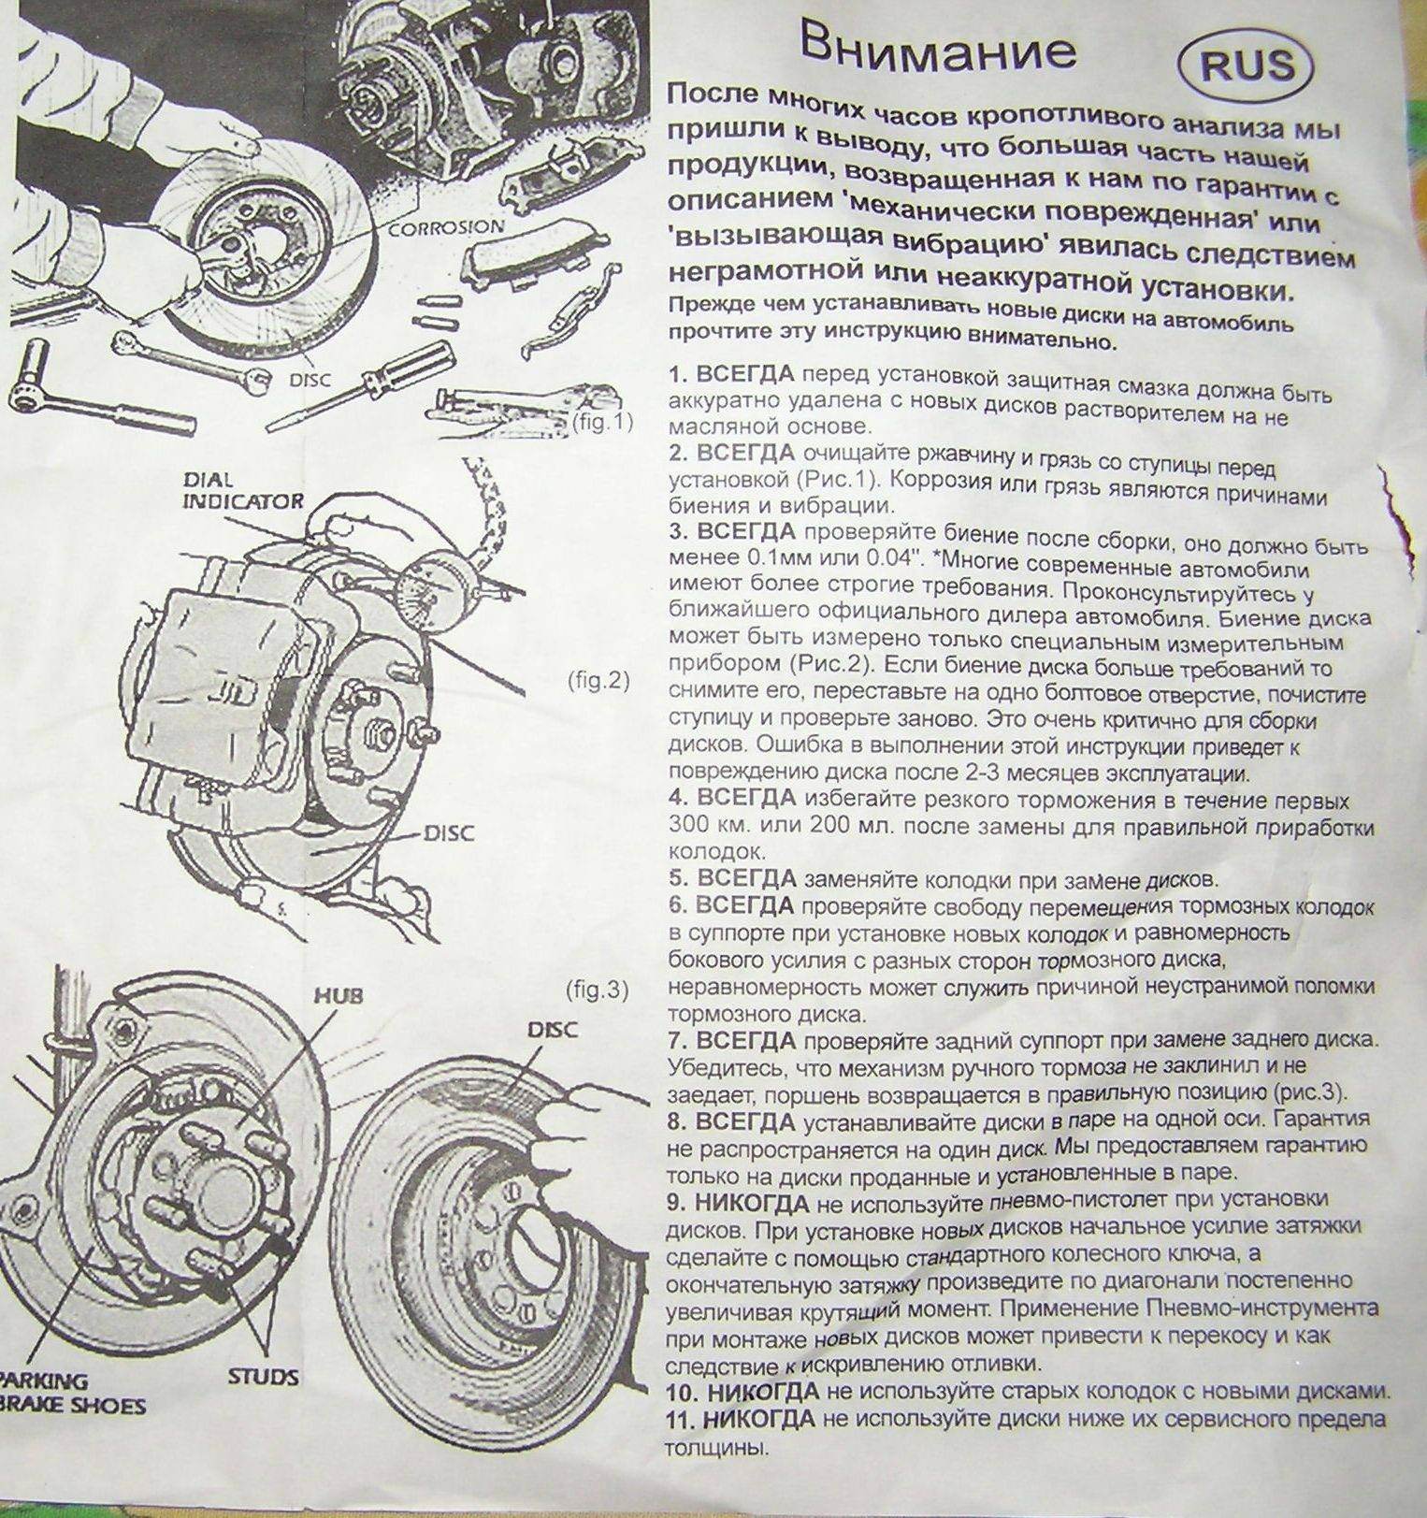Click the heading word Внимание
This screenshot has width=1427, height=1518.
coord(937,49)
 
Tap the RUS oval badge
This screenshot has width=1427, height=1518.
coord(1247,65)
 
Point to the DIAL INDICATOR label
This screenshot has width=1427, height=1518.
coord(242,491)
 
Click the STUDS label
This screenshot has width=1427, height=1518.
coord(263,1377)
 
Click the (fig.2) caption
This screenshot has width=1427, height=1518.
coord(598,680)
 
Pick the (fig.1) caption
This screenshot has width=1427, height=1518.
coord(601,422)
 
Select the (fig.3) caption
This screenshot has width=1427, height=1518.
coord(597,989)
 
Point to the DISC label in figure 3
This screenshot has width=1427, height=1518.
coord(553,1030)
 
